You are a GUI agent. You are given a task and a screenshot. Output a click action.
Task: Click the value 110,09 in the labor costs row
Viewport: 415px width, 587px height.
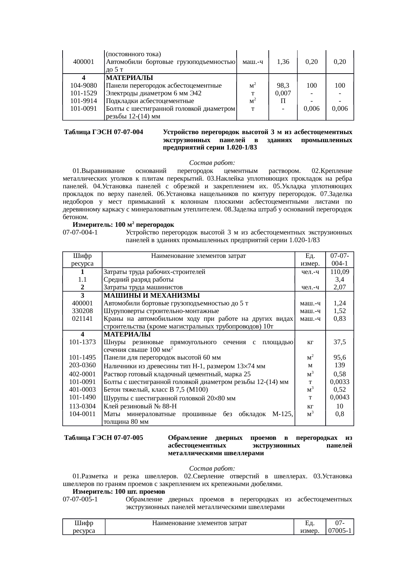pos(340,272)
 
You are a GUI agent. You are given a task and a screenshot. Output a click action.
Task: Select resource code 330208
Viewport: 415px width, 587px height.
pos(82,311)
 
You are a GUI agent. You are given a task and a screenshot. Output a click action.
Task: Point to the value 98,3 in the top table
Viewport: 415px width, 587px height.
pos(283,85)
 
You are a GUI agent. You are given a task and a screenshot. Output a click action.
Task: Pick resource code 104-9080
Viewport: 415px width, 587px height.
pos(82,85)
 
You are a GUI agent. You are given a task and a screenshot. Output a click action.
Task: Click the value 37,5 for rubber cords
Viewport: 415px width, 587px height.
pos(340,342)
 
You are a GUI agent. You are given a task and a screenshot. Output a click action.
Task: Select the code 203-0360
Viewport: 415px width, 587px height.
pos(82,365)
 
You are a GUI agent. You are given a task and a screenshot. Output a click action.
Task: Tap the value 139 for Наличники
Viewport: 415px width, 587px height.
pos(340,365)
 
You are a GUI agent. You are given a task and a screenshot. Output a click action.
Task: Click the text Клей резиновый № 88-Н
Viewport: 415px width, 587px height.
pos(140,406)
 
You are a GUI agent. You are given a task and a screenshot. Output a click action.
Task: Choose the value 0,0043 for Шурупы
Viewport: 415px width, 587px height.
pos(340,397)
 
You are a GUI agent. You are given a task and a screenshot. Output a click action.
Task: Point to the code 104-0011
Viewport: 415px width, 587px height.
pos(82,414)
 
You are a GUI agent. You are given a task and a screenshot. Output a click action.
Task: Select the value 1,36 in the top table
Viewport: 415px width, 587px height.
pos(283,62)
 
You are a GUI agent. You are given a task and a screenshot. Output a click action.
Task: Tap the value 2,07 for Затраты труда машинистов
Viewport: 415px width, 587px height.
pos(340,287)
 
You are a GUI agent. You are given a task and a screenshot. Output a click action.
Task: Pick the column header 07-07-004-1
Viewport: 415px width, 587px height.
pos(340,260)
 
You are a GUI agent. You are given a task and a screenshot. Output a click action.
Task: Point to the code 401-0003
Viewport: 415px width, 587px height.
pos(82,389)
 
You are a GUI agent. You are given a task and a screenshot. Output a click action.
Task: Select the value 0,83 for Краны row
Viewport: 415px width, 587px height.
pos(340,318)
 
